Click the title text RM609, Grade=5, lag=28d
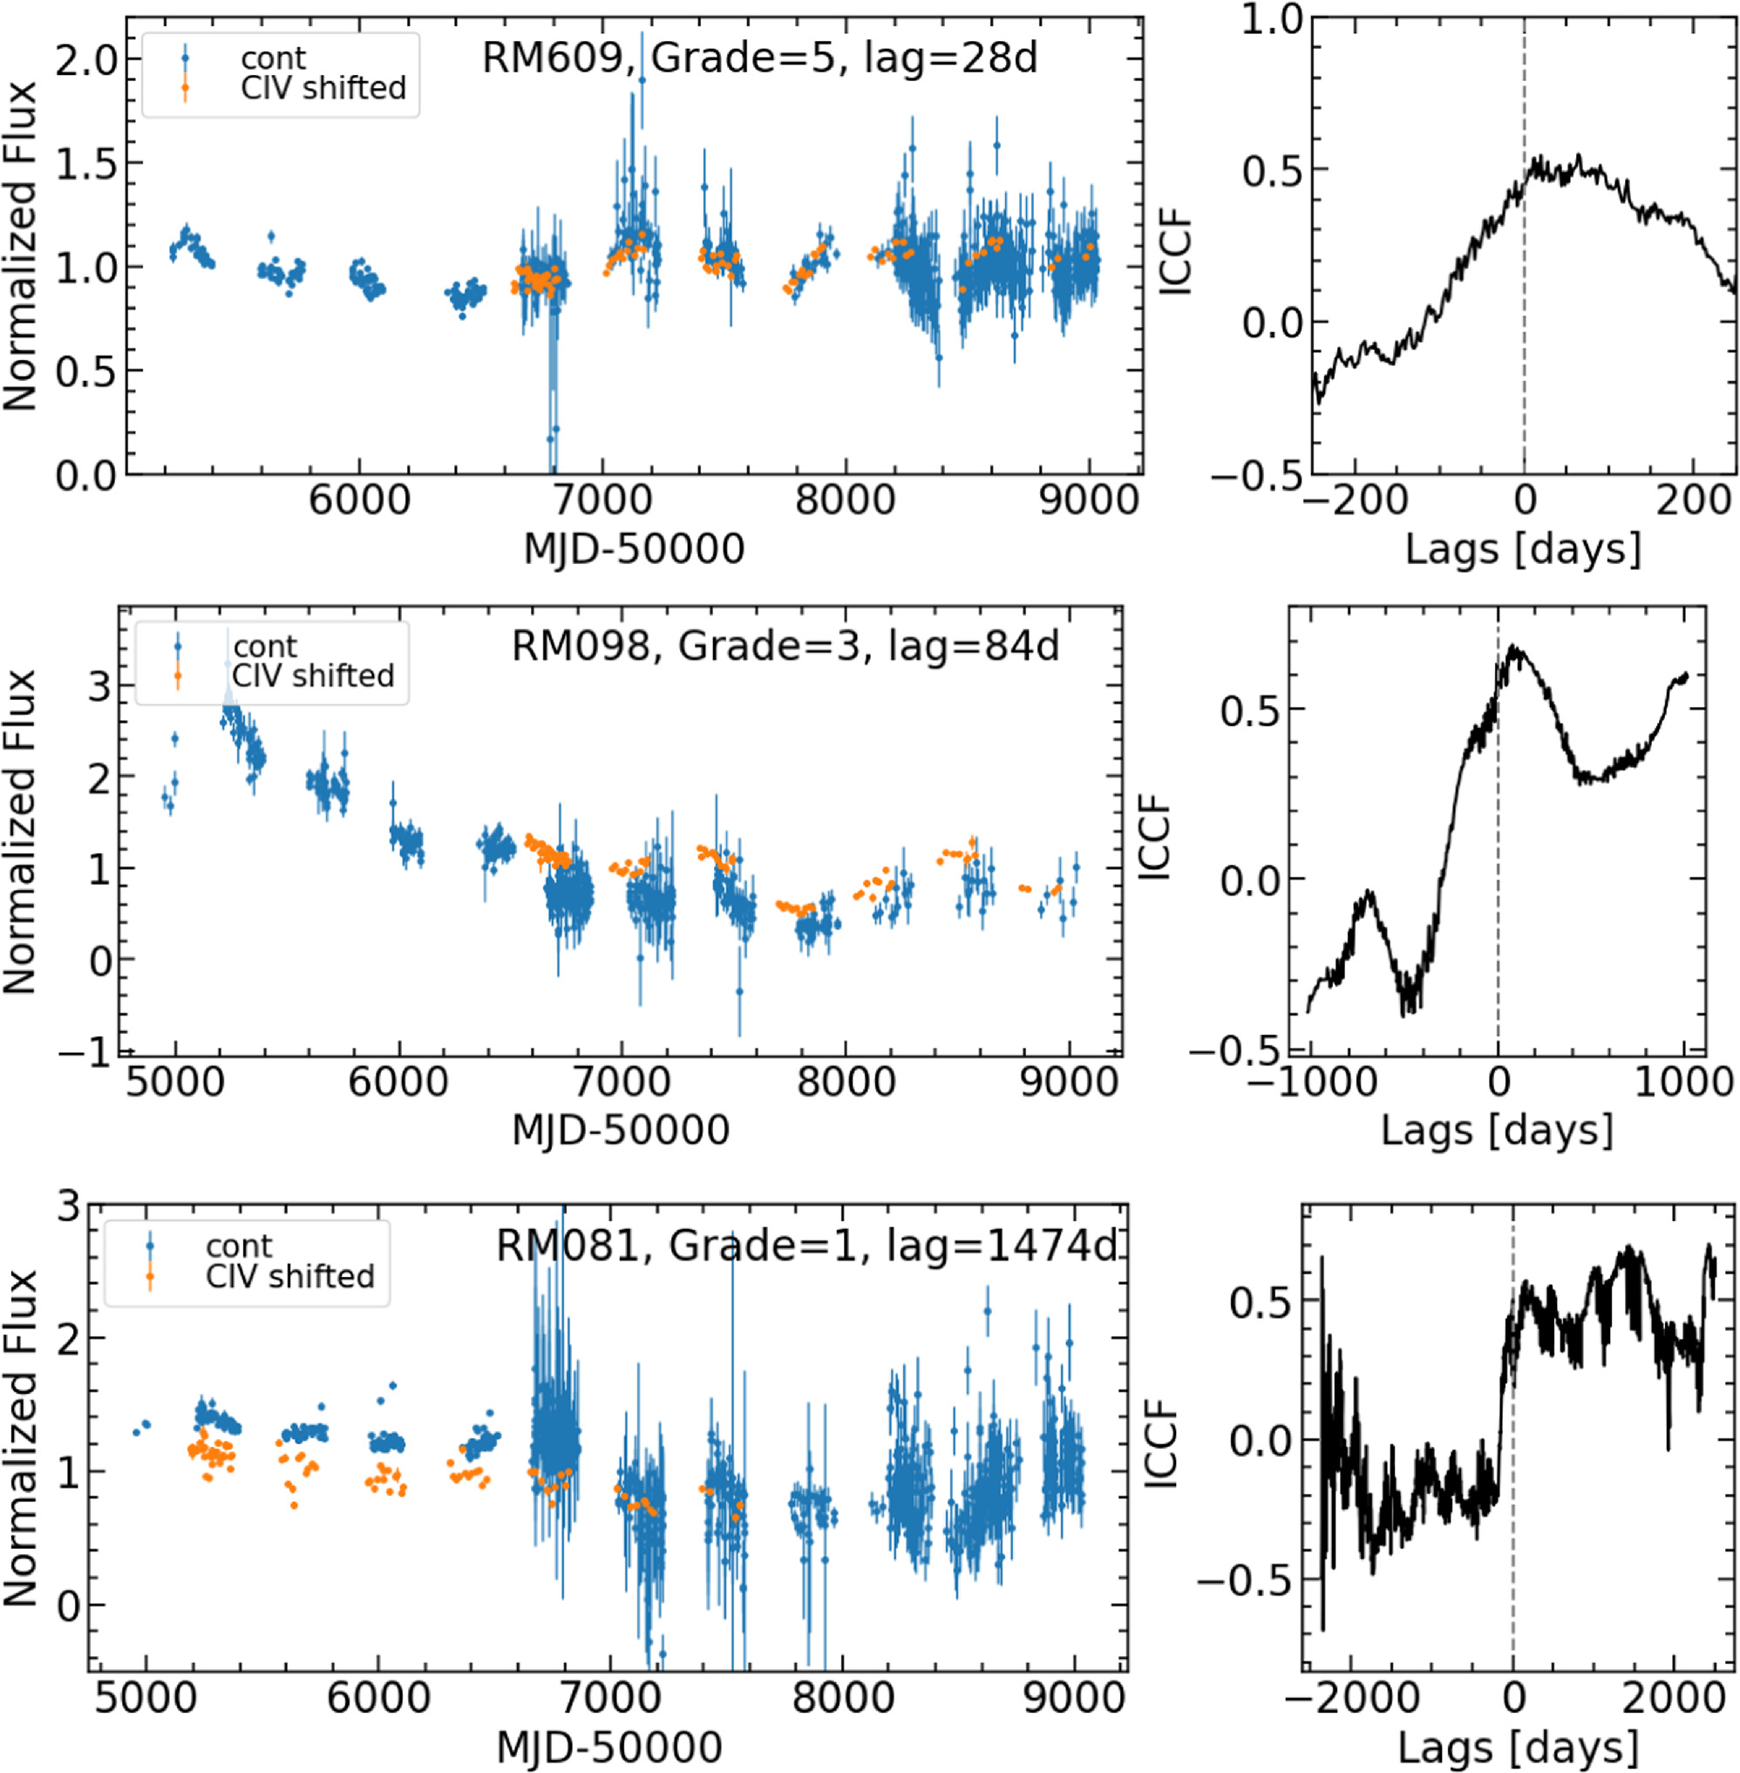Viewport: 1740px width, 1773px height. coord(759,59)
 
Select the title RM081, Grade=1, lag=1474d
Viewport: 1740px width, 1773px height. coord(806,1246)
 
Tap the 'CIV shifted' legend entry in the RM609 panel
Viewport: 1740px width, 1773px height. coord(323,89)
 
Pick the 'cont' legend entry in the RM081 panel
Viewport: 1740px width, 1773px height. coord(239,1247)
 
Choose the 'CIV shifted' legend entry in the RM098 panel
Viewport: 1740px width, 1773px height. coord(313,676)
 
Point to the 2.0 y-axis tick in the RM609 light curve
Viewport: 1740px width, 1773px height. coord(87,61)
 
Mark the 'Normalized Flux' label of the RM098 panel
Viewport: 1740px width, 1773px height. coord(20,832)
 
